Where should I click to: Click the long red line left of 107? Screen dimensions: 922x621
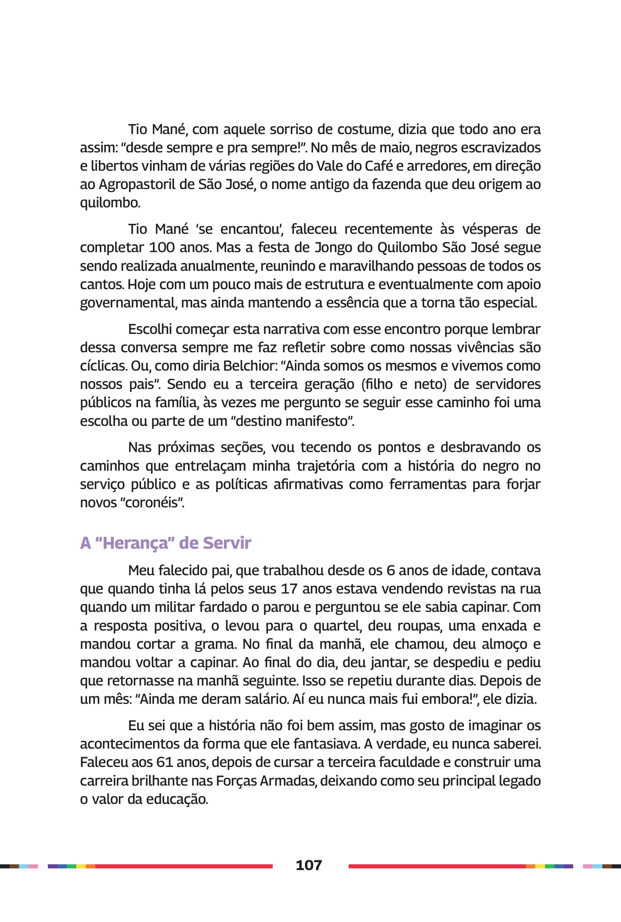[184, 866]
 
